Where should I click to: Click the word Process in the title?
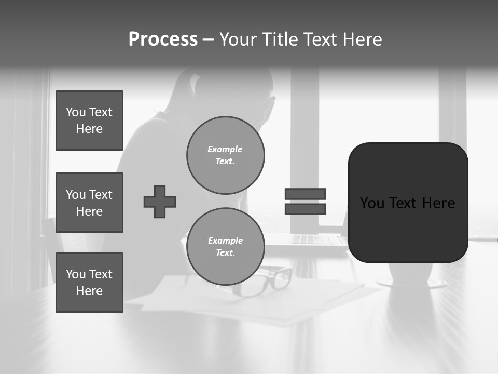(163, 39)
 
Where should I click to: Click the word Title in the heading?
(280, 39)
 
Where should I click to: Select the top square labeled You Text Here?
(89, 121)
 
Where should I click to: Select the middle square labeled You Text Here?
(89, 203)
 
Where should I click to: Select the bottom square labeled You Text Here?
(89, 283)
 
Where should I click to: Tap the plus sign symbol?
(160, 202)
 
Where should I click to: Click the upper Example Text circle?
(225, 155)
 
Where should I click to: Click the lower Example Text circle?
(225, 246)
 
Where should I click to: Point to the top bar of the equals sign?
(305, 194)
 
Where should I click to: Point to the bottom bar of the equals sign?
(305, 209)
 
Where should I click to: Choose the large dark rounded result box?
(408, 229)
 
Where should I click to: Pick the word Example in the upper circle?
(225, 149)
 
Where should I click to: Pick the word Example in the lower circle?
(225, 241)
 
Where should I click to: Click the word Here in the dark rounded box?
(438, 203)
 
